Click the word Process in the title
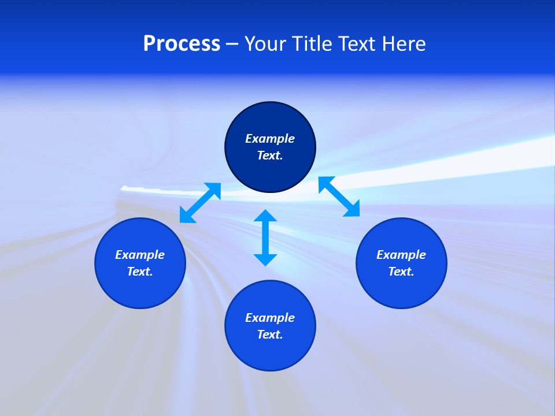[x=182, y=44]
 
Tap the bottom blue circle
[x=270, y=352]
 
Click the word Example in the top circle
[x=270, y=139]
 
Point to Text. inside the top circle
[x=270, y=155]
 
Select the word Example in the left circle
[x=140, y=255]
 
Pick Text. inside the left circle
[x=140, y=272]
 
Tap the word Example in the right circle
[x=401, y=255]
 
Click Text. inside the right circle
[x=401, y=272]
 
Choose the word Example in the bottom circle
[x=270, y=318]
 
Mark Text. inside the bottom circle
[x=270, y=335]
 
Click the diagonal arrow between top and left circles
[x=200, y=203]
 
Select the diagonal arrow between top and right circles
[x=339, y=196]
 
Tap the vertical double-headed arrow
[x=265, y=237]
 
